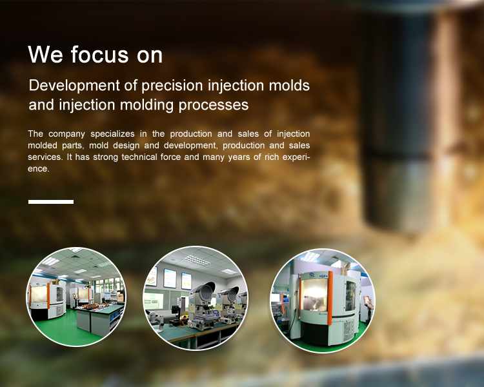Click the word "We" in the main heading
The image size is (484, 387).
click(45, 54)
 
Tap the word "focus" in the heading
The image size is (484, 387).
click(99, 54)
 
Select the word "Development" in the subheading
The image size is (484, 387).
click(74, 86)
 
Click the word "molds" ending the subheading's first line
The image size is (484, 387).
click(289, 85)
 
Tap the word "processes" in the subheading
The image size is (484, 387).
click(214, 105)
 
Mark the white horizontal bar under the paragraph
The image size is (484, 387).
click(51, 202)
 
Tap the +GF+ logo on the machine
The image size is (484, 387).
click(323, 275)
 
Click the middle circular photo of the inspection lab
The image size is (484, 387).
click(195, 298)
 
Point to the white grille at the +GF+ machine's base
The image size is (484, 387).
click(348, 331)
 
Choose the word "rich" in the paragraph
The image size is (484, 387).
click(271, 157)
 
